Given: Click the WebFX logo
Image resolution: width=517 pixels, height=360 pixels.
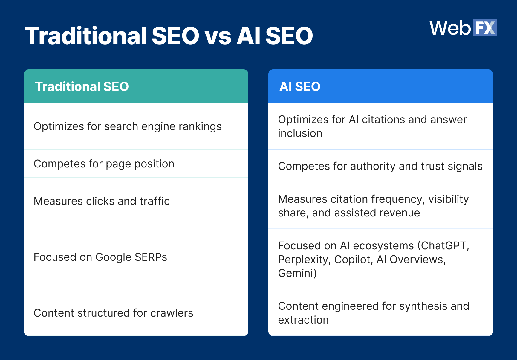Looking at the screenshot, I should tap(463, 28).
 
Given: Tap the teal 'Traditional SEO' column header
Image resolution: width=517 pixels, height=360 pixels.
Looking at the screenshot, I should tap(136, 86).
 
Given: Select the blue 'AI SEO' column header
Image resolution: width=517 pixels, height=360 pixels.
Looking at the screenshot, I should tap(380, 86).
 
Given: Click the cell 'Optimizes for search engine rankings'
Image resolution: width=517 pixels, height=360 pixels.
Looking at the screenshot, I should tap(128, 126).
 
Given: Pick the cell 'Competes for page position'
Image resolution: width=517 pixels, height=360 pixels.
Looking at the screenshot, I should tap(104, 164).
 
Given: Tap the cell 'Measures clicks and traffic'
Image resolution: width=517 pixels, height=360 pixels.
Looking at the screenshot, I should tap(102, 201).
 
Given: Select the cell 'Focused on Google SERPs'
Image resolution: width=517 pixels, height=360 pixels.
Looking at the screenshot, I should tap(100, 257).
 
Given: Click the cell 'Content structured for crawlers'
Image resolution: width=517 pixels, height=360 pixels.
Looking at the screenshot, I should tap(113, 313).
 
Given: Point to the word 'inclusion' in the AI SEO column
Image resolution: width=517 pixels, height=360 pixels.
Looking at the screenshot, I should tap(300, 133).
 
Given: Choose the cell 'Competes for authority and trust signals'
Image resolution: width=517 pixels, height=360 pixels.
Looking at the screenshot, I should tap(380, 166).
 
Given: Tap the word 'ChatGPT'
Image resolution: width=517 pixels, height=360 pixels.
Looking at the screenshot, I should tap(443, 246).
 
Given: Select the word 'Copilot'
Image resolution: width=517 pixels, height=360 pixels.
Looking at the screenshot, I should tap(353, 260).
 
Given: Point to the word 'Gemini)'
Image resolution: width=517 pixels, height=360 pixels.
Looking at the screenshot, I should tap(297, 273).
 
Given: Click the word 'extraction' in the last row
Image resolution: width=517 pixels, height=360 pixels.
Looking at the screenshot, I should tap(303, 320).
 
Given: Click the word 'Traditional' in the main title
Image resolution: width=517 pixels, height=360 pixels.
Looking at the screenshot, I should tap(85, 36).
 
